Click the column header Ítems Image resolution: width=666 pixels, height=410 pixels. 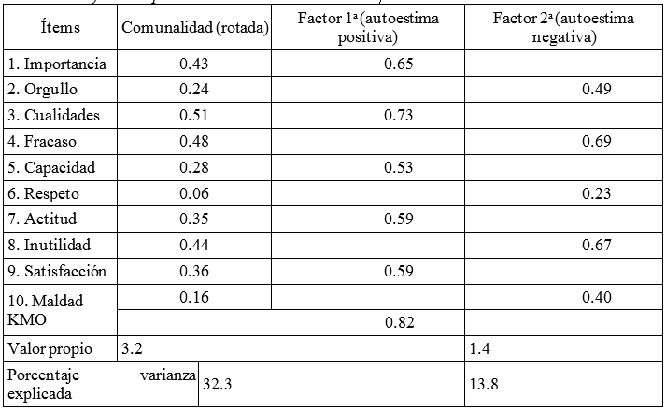click(61, 28)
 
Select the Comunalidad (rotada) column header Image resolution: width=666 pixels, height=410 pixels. click(195, 28)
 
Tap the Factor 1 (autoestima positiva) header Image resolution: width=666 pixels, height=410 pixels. click(367, 28)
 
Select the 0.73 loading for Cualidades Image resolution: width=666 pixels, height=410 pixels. click(399, 116)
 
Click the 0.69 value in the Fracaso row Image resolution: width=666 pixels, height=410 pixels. click(596, 142)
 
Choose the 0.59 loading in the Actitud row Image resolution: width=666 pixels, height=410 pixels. click(399, 219)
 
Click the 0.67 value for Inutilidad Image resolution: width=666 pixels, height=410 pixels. click(596, 246)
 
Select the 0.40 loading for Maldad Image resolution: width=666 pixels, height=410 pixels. click(596, 298)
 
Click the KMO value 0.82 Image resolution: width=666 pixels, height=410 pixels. click(399, 322)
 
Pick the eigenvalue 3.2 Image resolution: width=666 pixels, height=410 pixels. click(133, 348)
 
